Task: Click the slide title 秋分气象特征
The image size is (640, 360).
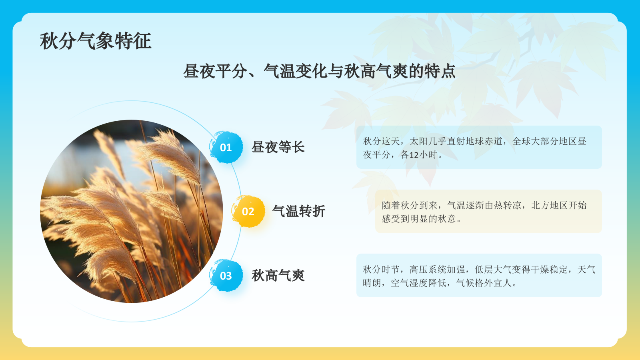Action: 96,41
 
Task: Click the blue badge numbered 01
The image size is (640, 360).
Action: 226,148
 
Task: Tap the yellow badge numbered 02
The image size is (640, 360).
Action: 248,212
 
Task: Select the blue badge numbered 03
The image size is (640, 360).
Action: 226,276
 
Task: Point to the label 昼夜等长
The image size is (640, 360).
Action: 278,147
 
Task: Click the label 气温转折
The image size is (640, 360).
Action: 299,211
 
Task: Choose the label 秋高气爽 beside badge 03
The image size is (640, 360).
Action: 278,276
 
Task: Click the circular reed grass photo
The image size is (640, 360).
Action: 132,211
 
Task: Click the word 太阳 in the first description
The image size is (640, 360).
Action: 418,141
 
